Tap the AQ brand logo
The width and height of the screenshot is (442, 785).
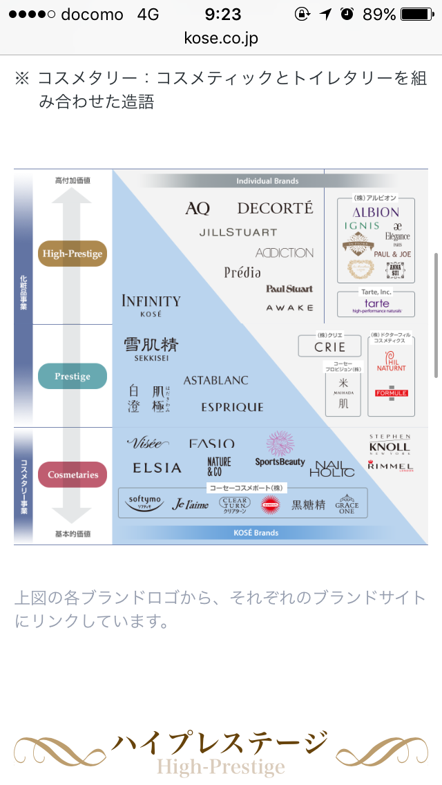point(198,208)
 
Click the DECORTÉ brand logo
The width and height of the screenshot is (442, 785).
point(275,208)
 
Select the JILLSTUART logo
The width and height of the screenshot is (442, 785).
point(238,232)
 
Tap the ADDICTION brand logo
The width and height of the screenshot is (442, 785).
point(284,253)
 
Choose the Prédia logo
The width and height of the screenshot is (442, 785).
point(242,272)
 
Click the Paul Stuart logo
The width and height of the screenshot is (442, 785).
point(289,289)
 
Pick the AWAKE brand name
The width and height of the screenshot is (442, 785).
point(289,308)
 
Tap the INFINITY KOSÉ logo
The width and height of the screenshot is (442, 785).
point(151,304)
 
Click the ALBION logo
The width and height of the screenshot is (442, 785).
point(376,212)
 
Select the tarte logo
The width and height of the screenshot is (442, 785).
point(376,304)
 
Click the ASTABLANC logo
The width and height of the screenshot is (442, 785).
point(215,381)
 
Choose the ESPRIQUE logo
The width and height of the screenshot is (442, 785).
point(232,407)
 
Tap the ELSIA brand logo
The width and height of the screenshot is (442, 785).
point(157,468)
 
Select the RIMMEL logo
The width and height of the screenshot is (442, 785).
point(390,466)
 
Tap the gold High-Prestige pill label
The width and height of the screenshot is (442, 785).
point(73,254)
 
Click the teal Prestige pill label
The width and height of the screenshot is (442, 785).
point(73,377)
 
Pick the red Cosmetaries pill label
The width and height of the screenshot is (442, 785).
point(73,475)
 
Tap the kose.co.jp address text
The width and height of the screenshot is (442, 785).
point(221,38)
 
